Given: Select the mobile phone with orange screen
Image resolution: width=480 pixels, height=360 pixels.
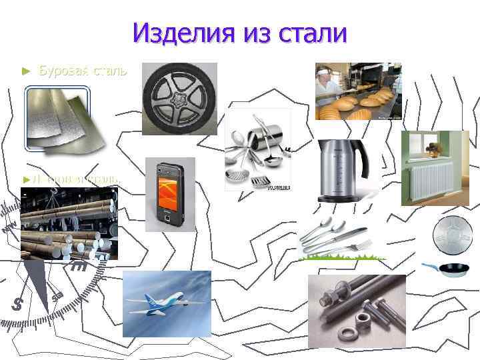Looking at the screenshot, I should (169, 194).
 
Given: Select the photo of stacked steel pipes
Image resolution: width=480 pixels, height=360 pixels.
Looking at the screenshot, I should (67, 223).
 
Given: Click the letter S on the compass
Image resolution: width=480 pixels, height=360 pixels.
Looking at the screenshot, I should (18, 304).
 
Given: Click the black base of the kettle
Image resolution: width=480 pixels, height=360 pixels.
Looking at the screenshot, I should (342, 198).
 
